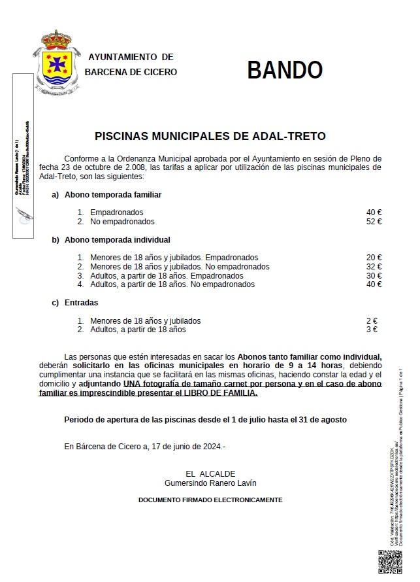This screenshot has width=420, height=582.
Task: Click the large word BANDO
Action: (285, 70)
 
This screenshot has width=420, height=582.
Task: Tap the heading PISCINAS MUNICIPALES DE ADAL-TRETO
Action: (210, 137)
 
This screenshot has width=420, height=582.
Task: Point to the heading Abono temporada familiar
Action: (112, 195)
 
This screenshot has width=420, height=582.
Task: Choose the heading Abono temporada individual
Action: (117, 240)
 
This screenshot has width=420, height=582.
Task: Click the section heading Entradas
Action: (81, 303)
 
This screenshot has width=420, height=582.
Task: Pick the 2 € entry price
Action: (372, 321)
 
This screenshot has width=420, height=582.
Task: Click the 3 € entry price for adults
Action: (372, 330)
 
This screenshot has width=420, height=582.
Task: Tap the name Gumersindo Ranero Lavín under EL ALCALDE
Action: (210, 483)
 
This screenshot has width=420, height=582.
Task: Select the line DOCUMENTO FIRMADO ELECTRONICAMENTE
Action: (210, 500)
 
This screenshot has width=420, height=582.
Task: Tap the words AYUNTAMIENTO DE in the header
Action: (131, 58)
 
